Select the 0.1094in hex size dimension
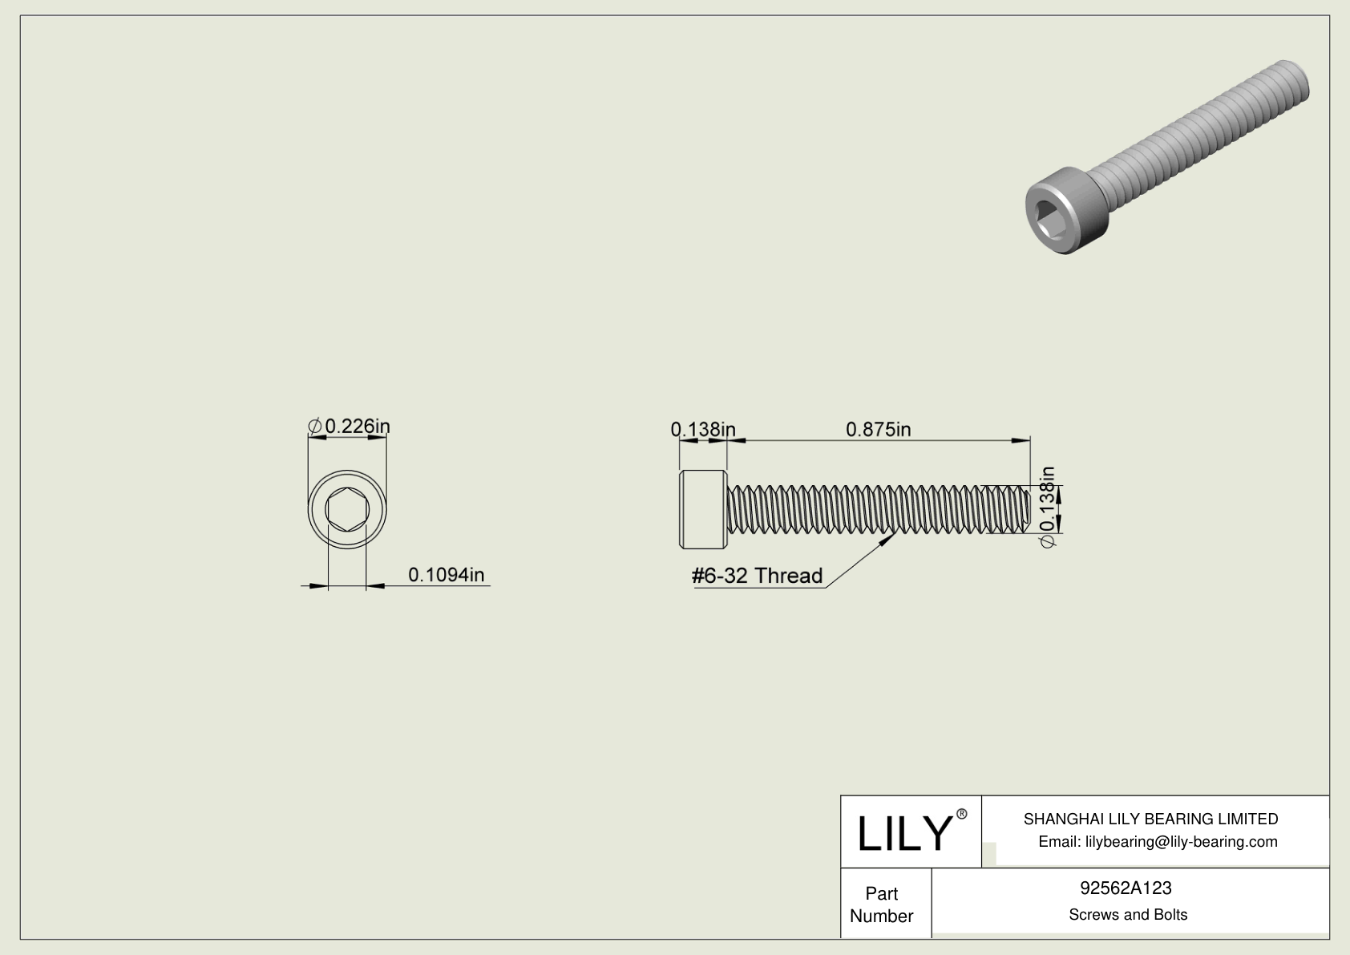(x=446, y=574)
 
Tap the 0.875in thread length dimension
(x=878, y=429)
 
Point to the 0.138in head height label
(x=702, y=429)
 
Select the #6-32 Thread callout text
(x=757, y=575)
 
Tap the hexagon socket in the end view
(x=347, y=509)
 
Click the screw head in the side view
(x=703, y=509)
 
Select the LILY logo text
(x=903, y=833)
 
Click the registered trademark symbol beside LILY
(x=962, y=814)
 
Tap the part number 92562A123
(x=1126, y=888)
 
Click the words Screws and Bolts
(x=1127, y=914)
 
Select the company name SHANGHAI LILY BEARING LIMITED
(x=1150, y=819)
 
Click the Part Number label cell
(x=882, y=904)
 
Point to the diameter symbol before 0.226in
(x=315, y=426)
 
